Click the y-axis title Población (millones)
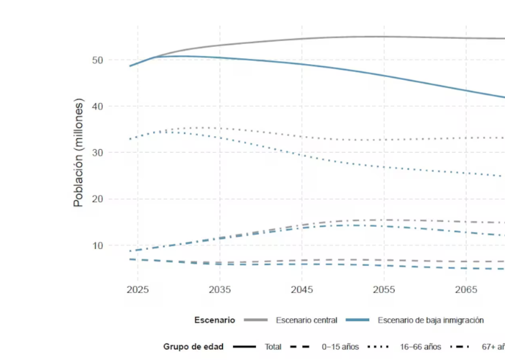tap(79, 153)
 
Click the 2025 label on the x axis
tap(137, 289)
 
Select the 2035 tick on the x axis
tap(219, 289)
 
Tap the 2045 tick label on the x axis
tap(301, 289)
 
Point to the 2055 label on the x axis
tap(384, 289)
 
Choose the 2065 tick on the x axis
tap(466, 289)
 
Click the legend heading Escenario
tap(214, 320)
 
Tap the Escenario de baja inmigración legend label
tap(431, 320)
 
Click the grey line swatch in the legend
tap(255, 320)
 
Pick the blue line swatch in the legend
tap(359, 320)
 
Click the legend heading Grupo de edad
tap(194, 346)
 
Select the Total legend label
tap(273, 346)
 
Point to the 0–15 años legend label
tap(340, 346)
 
